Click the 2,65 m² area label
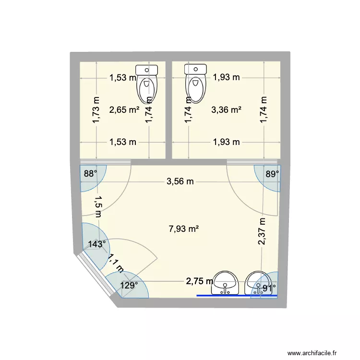[x=124, y=110]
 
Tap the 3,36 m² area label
[x=226, y=110]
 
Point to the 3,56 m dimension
[x=180, y=181]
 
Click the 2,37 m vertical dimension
[x=262, y=231]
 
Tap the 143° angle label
[x=97, y=244]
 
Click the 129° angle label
[x=129, y=285]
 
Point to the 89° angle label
[x=271, y=174]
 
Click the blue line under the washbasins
[x=237, y=296]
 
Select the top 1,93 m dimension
[x=226, y=77]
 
